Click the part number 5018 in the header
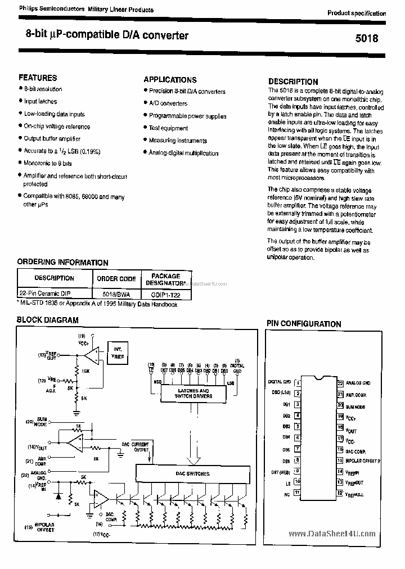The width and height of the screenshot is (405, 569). tap(367, 39)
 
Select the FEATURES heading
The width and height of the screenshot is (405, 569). tap(38, 78)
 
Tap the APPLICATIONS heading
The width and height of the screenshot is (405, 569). tap(170, 80)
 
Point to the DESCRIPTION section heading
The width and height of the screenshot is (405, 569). tap(293, 82)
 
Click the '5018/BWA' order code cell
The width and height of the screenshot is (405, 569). tap(116, 294)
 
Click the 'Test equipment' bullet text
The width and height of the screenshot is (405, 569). tap(168, 128)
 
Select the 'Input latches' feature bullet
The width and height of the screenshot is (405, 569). tap(40, 101)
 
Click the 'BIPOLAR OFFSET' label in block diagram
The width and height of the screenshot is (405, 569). tap(44, 528)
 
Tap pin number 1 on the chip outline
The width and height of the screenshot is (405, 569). tap(298, 382)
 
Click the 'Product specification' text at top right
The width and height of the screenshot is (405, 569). tap(357, 13)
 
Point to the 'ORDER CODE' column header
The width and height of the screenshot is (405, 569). tap(116, 278)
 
